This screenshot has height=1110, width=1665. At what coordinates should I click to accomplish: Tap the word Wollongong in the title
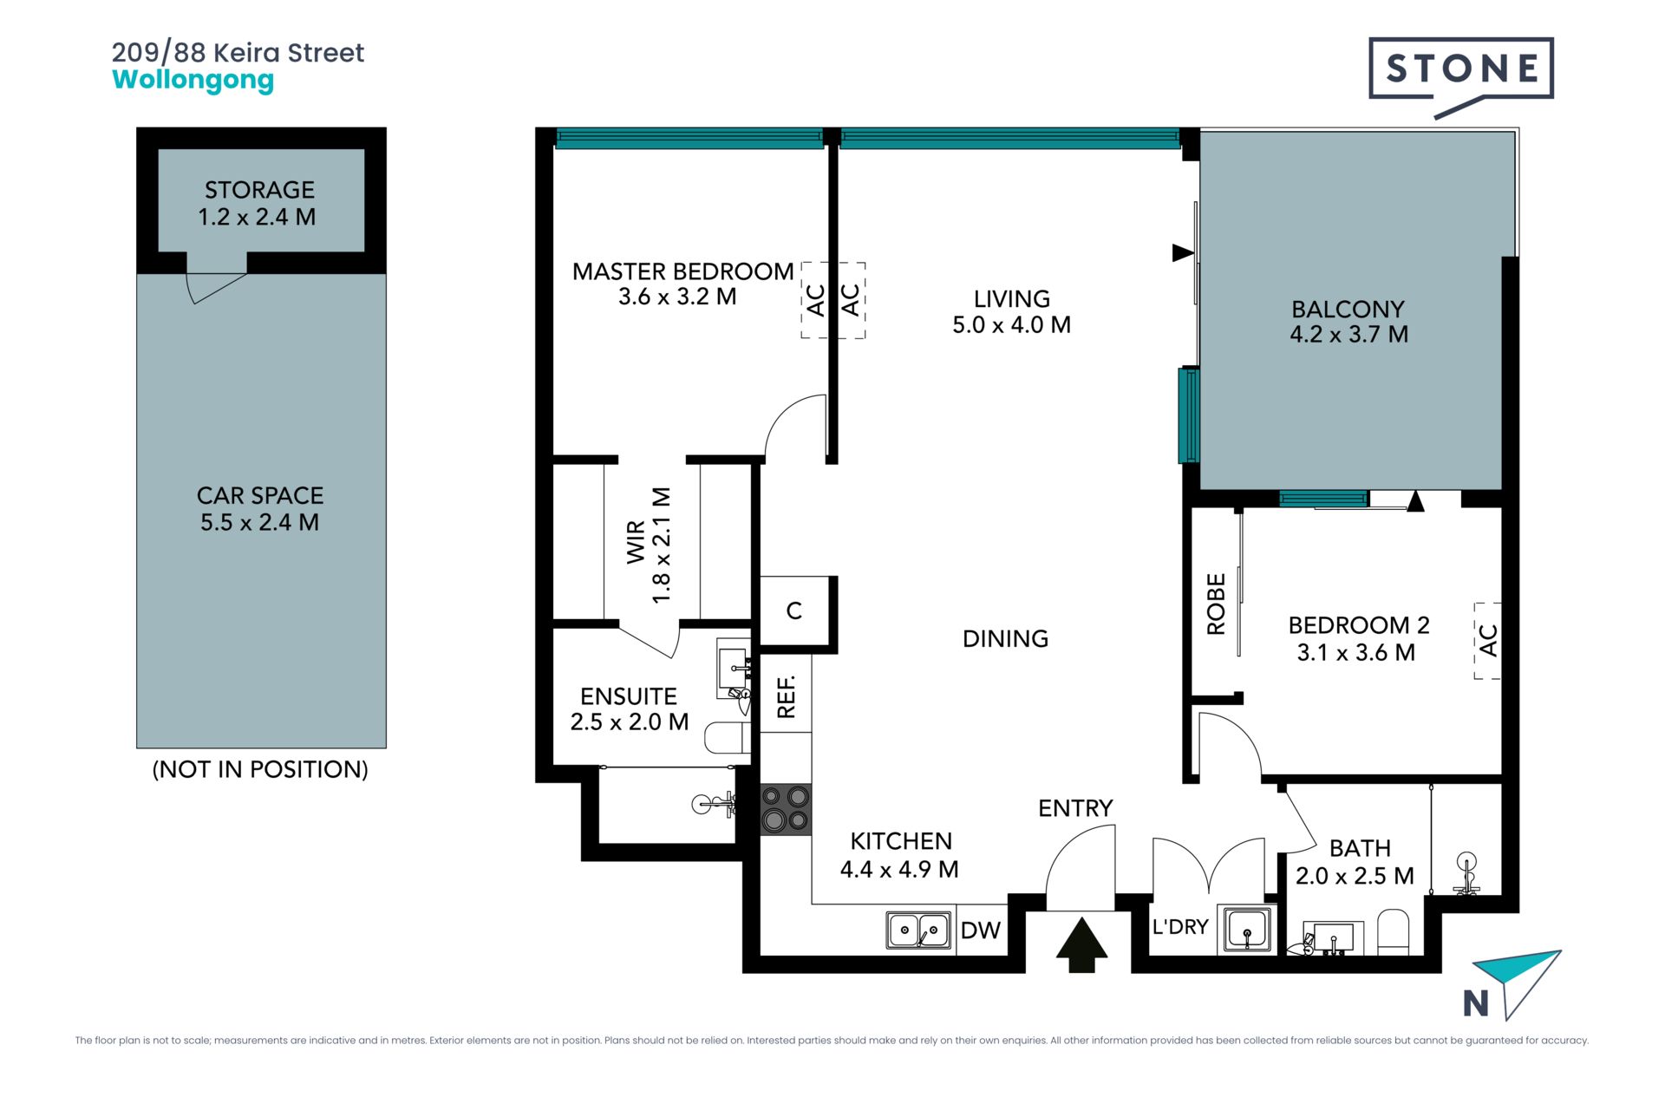tap(193, 80)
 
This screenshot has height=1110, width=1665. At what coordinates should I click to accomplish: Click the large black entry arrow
tap(1081, 944)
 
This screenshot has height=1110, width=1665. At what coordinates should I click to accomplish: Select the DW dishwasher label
tap(981, 930)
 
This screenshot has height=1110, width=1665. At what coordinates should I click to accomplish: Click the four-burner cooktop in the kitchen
tap(786, 809)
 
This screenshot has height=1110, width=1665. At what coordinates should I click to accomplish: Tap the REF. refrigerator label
tap(787, 696)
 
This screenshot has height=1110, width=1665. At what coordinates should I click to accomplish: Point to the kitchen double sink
tap(918, 930)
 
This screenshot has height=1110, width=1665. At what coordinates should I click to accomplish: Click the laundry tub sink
tap(1247, 929)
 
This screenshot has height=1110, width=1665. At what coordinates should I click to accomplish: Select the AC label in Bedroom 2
tap(1488, 640)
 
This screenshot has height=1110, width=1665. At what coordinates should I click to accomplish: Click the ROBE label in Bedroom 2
tap(1216, 604)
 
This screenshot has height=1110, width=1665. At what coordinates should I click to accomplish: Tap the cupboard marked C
tap(793, 611)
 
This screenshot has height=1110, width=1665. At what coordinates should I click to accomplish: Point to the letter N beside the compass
tap(1476, 1003)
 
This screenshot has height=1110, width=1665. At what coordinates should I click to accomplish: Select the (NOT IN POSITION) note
tap(260, 769)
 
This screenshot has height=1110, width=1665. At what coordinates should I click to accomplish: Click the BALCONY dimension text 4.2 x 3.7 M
tap(1348, 334)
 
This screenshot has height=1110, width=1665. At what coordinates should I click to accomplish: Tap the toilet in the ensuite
tap(727, 738)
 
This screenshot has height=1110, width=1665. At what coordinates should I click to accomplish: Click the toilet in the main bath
tap(1394, 932)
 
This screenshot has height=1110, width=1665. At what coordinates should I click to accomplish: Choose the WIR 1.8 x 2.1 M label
tap(649, 545)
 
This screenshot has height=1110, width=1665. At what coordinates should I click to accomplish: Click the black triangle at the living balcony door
tap(1183, 252)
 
